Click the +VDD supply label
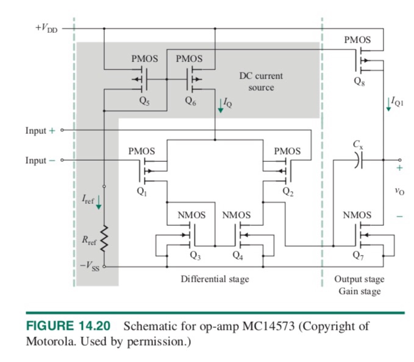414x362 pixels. click(46, 29)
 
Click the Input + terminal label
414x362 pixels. click(40, 131)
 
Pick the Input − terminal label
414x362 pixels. click(40, 160)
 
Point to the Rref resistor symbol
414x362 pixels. click(104, 239)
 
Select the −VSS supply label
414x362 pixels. click(90, 266)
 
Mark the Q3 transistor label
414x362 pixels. click(195, 257)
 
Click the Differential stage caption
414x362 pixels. click(215, 279)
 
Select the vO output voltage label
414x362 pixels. click(399, 191)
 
